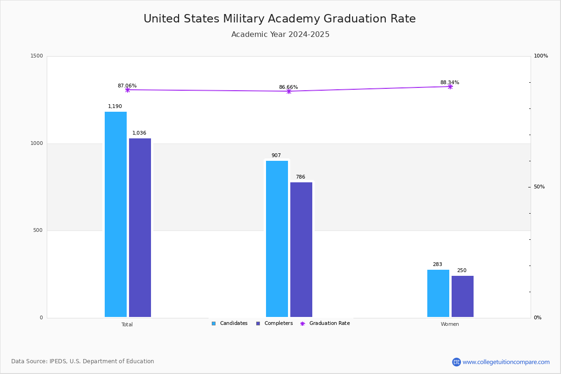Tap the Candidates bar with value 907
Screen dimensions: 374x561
[x=277, y=239]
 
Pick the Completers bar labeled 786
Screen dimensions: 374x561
[x=301, y=250]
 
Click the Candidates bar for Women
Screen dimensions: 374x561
[x=438, y=293]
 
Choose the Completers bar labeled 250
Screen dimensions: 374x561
[x=462, y=296]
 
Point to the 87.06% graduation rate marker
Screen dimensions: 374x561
[x=127, y=90]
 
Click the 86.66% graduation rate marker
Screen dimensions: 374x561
[x=288, y=91]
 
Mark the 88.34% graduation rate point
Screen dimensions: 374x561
[x=450, y=86]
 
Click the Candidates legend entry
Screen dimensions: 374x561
[x=230, y=324]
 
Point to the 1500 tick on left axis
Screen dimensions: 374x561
[x=37, y=56]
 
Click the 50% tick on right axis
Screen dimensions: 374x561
[x=539, y=187]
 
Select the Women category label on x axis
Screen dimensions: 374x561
[x=450, y=324]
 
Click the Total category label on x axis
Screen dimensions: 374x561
[x=127, y=324]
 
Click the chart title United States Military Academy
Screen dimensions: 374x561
[x=280, y=19]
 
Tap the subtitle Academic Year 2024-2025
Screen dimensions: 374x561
[x=280, y=35]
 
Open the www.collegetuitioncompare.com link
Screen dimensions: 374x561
[x=506, y=362]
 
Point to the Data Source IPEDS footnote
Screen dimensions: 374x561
[x=83, y=361]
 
